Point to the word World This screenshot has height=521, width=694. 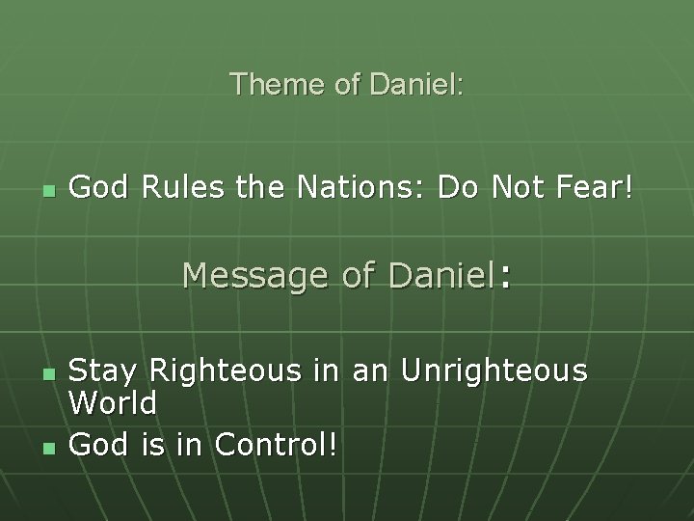pyautogui.click(x=115, y=403)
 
